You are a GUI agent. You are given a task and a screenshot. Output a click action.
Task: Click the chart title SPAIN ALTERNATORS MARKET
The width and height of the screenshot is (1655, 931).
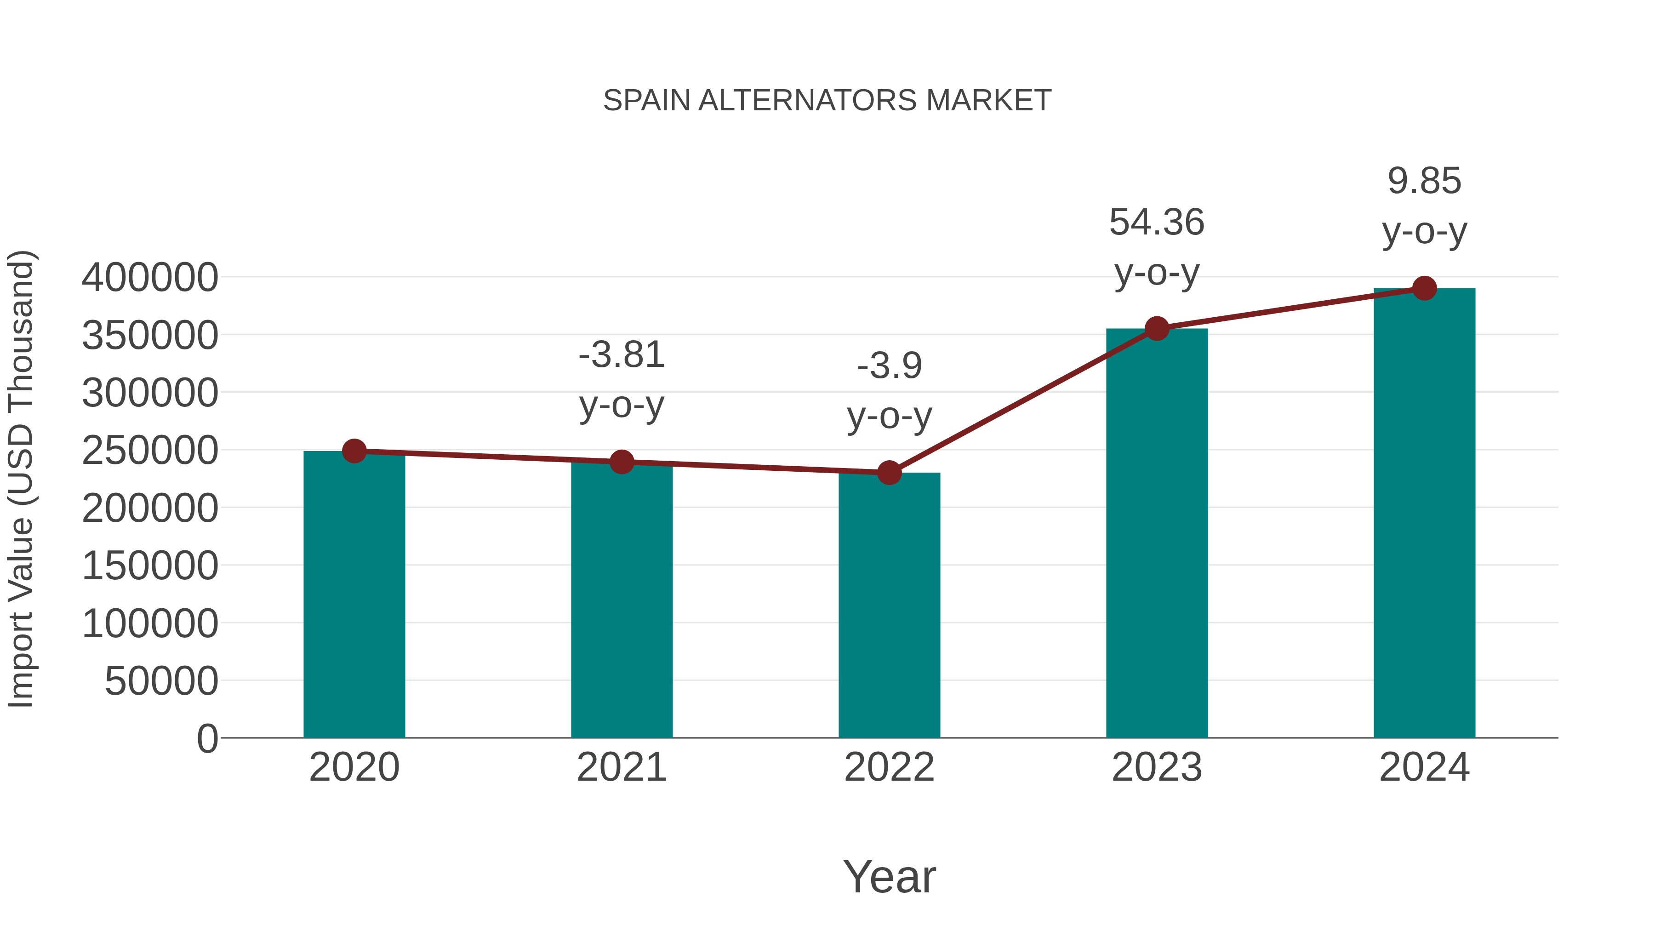(x=827, y=101)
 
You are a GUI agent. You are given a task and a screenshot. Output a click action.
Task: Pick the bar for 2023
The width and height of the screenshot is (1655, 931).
(x=1157, y=533)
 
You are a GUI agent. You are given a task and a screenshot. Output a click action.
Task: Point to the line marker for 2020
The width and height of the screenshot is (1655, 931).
(x=354, y=451)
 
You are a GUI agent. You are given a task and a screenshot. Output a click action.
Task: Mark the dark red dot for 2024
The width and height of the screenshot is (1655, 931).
(x=1424, y=288)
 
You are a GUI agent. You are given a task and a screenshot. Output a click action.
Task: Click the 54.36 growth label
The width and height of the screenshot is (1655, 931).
(x=1157, y=223)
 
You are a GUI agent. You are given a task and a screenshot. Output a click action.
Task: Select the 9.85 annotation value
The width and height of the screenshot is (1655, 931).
(x=1424, y=181)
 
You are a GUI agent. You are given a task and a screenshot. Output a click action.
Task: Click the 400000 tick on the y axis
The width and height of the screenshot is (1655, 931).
(x=150, y=278)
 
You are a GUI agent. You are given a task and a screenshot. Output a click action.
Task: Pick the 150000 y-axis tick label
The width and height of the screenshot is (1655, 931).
(x=150, y=566)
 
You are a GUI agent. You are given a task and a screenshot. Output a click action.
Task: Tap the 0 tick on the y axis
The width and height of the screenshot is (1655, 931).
(x=207, y=738)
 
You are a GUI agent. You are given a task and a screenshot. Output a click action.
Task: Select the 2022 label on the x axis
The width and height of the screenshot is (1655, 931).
(x=889, y=767)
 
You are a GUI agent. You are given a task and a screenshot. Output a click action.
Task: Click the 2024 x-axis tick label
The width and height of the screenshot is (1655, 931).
(x=1424, y=767)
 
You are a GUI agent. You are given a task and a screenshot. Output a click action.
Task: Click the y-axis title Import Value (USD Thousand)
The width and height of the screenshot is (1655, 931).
(x=21, y=479)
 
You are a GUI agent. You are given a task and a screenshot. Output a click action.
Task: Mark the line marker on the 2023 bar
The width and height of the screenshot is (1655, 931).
(x=1157, y=329)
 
